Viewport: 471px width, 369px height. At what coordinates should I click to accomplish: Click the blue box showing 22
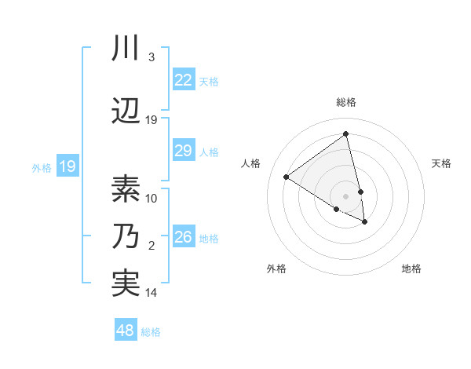[x=183, y=80]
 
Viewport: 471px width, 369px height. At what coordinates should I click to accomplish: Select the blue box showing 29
[x=183, y=152]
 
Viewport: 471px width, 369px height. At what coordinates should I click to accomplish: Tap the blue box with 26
[x=183, y=237]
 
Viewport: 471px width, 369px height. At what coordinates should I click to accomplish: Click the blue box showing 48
[x=126, y=331]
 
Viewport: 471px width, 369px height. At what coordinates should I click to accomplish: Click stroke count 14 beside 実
[x=152, y=293]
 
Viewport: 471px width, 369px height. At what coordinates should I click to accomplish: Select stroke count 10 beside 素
[x=152, y=199]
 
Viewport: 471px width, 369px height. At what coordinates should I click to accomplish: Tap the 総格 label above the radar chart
[x=345, y=102]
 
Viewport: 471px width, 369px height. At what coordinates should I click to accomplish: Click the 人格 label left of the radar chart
[x=251, y=163]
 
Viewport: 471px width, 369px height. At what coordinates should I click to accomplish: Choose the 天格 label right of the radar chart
[x=441, y=163]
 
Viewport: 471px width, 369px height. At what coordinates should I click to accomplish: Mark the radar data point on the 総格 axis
[x=345, y=134]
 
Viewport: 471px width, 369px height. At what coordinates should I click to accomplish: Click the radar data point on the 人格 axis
[x=287, y=177]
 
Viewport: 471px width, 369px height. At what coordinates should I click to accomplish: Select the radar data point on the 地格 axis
[x=365, y=222]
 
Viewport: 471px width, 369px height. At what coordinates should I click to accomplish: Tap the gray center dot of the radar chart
[x=345, y=195]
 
